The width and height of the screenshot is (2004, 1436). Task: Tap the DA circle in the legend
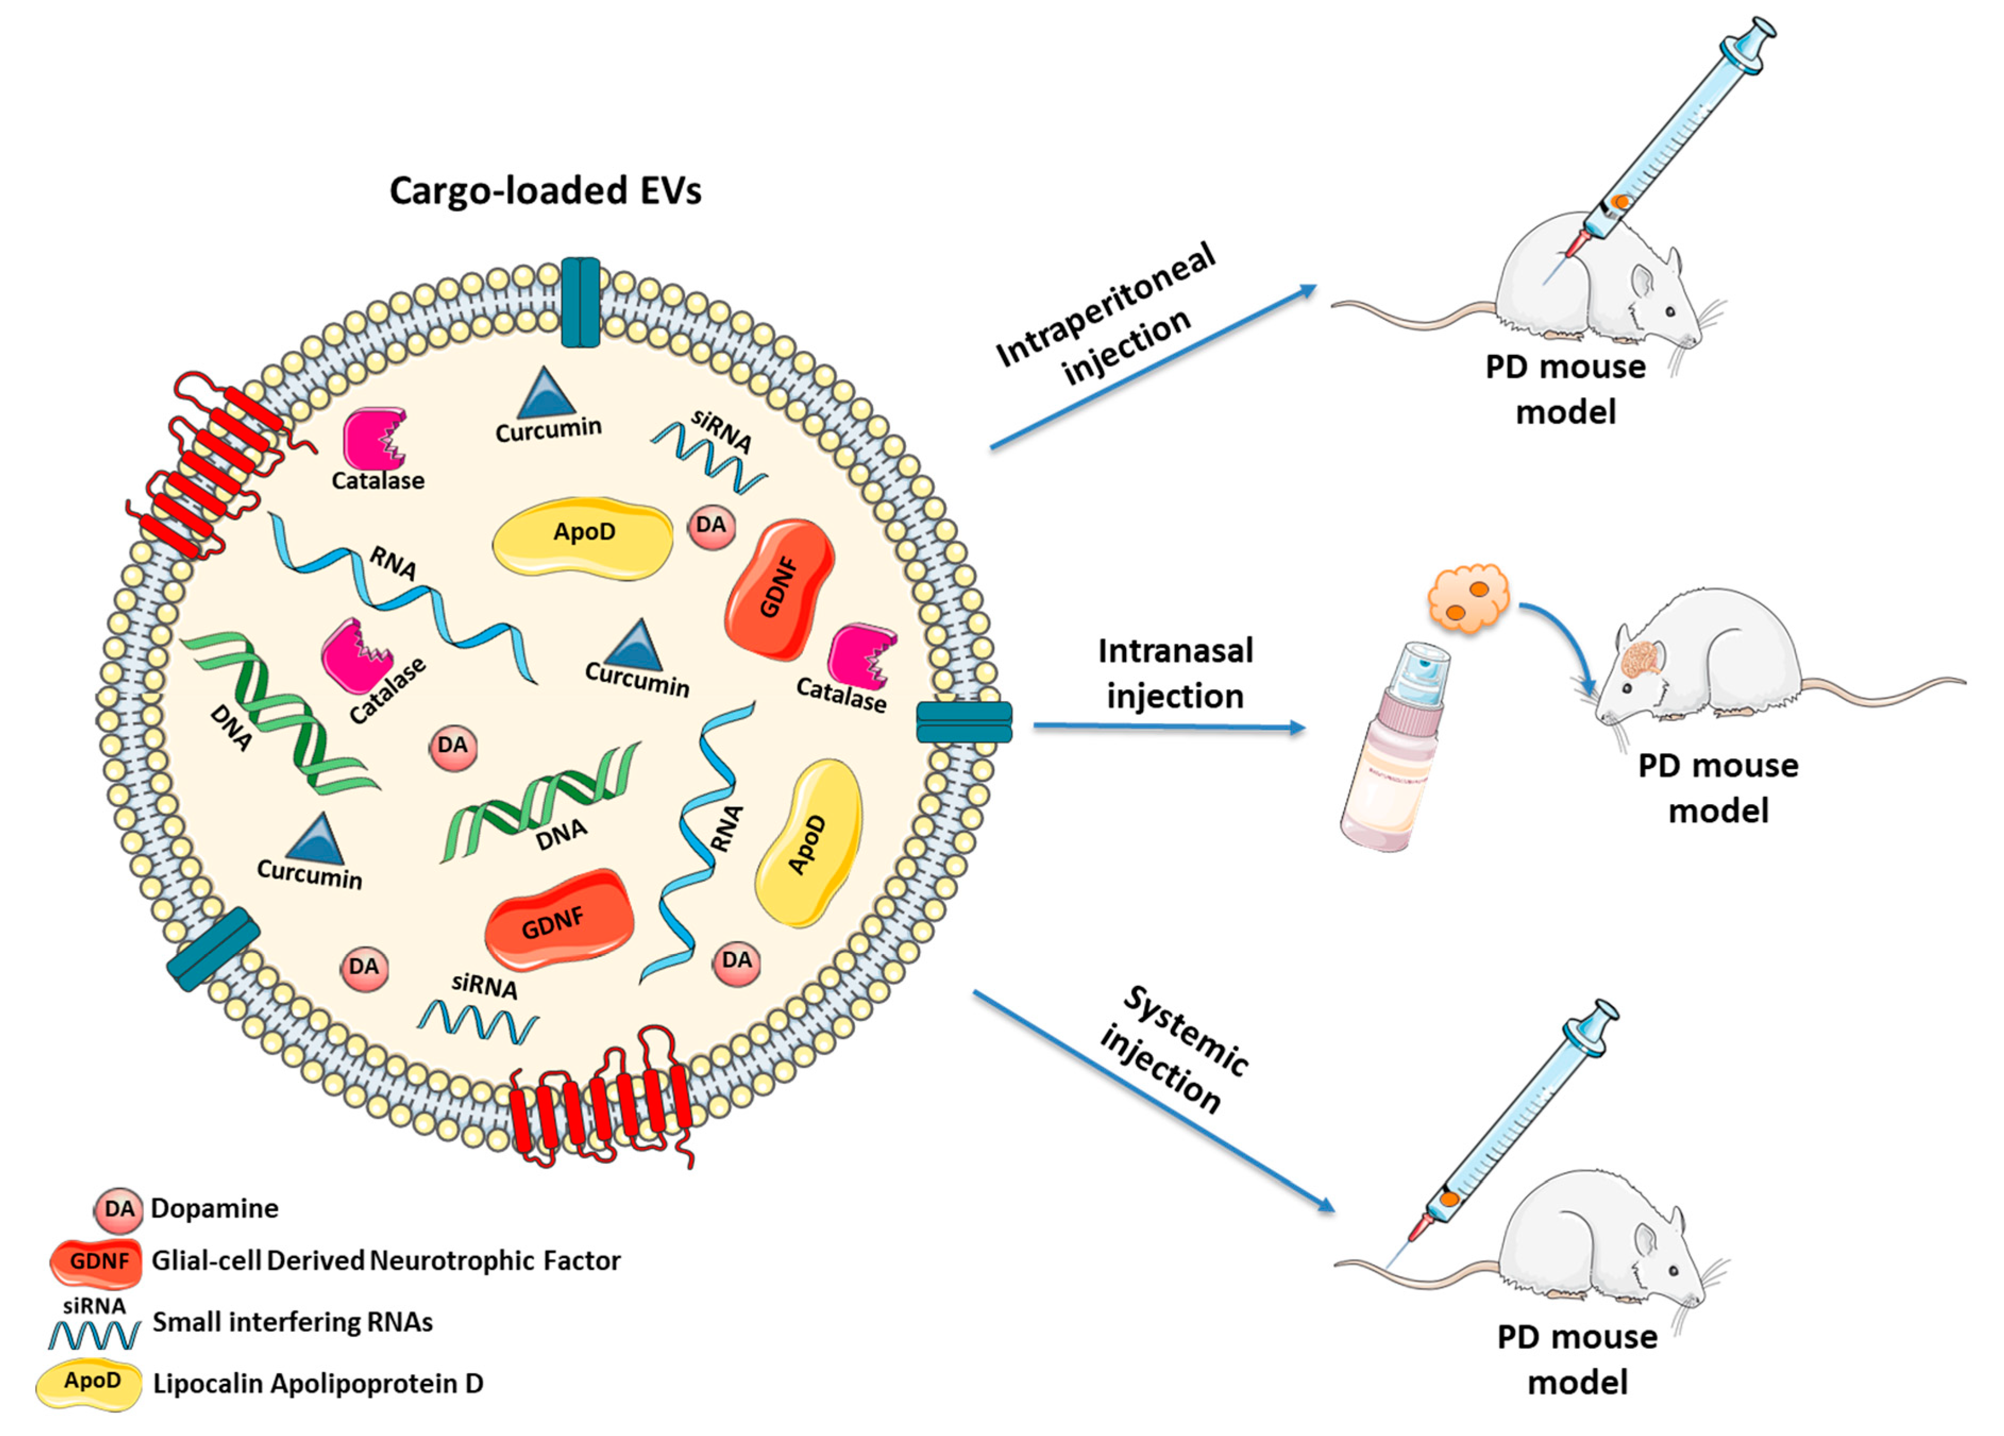pos(119,1209)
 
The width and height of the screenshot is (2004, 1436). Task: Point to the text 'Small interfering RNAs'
pos(292,1322)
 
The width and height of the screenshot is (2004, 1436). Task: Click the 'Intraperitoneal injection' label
pos(1104,314)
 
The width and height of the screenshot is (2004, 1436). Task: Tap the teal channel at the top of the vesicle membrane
pos(580,302)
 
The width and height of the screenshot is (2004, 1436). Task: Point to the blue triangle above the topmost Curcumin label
pos(546,394)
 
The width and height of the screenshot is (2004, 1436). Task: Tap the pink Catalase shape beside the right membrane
pos(861,656)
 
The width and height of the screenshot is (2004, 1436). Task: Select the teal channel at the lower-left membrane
pos(214,948)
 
